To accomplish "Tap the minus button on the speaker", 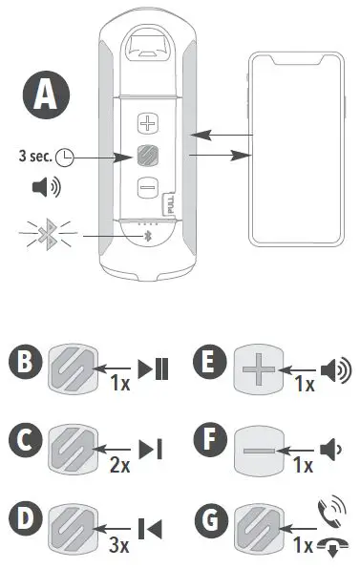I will (146, 187).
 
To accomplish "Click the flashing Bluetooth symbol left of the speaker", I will (44, 232).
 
